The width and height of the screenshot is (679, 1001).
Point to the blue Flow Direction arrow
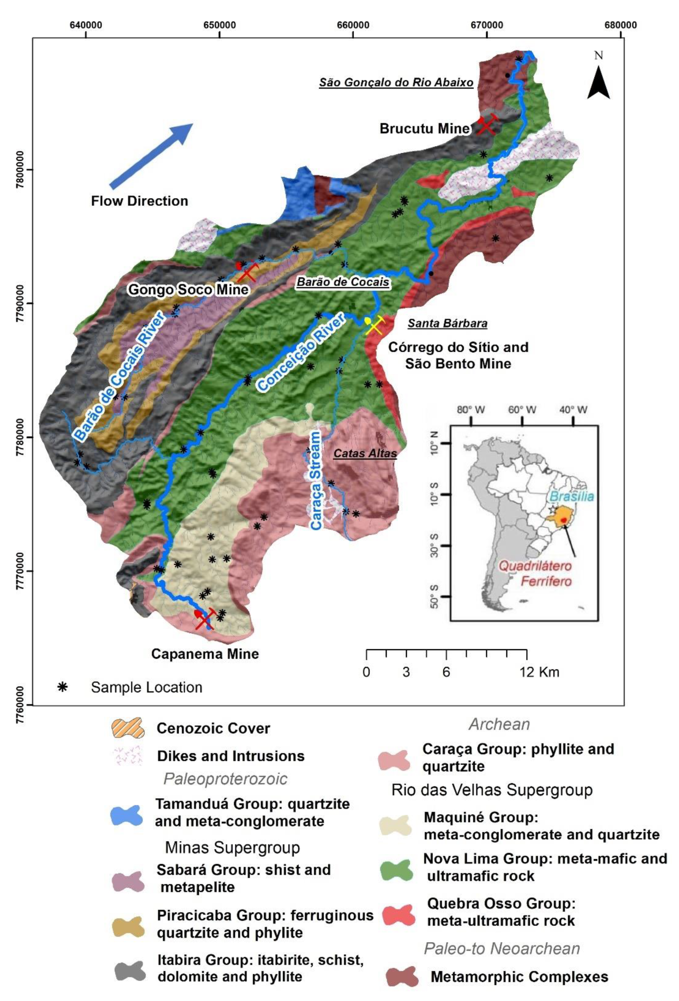(x=151, y=156)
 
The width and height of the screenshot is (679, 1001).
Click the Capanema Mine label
(x=205, y=654)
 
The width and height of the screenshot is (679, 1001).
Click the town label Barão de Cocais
(x=343, y=282)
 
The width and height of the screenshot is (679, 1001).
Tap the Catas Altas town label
(x=365, y=454)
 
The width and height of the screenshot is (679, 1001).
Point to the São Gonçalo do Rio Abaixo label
(x=396, y=82)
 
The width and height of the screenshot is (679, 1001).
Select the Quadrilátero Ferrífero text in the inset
(x=540, y=574)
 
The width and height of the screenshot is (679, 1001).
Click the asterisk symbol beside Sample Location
(x=63, y=687)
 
